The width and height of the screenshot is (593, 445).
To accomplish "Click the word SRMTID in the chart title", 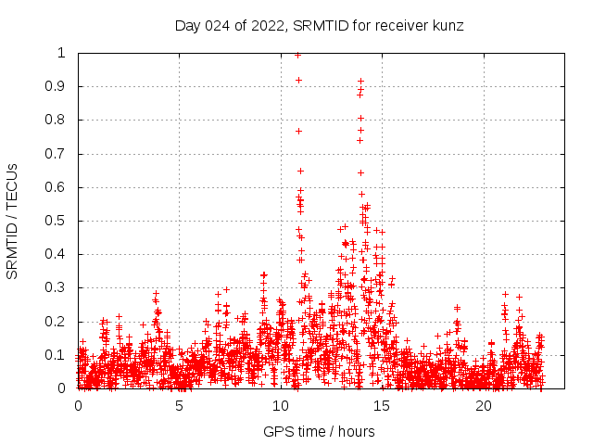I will (x=318, y=26).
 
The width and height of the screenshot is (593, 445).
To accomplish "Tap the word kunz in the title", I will (x=446, y=26).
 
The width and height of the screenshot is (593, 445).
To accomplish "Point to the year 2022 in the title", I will (x=269, y=26).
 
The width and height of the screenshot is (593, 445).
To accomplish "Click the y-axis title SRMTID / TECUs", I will (x=13, y=221).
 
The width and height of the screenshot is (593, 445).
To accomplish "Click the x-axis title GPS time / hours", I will (x=319, y=431).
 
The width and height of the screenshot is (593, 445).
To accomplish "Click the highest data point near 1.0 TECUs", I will (x=297, y=55).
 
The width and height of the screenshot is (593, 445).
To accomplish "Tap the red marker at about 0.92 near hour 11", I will (x=298, y=80).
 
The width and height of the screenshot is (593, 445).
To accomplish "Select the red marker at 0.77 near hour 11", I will (x=298, y=131).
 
